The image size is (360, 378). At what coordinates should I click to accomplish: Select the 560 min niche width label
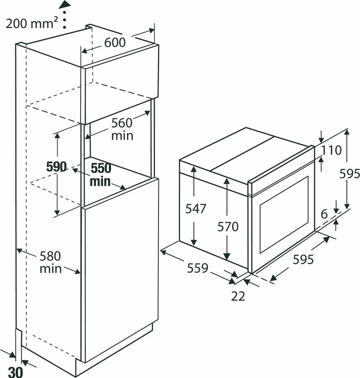tap(122, 129)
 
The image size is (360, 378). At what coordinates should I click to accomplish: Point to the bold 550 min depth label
tap(101, 175)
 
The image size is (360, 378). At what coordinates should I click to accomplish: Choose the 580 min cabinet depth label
tap(51, 262)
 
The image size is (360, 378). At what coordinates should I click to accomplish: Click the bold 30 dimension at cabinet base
tap(16, 371)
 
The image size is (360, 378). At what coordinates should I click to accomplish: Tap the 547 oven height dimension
tap(196, 209)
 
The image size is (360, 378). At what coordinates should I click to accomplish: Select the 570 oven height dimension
tap(228, 226)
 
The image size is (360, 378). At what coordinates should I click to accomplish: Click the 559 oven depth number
tap(197, 268)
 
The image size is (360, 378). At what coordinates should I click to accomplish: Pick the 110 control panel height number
tap(331, 150)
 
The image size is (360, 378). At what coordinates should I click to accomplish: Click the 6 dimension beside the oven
tap(324, 214)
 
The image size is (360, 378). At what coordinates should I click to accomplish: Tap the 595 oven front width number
tap(303, 260)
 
